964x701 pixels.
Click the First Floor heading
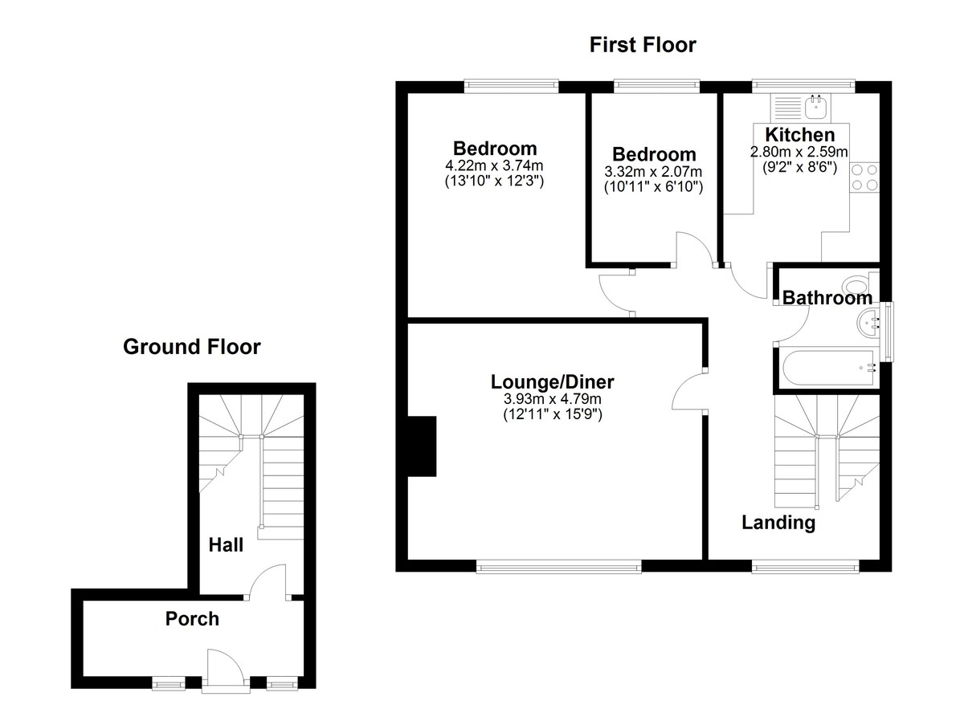[643, 45]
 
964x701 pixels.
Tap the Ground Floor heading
[191, 347]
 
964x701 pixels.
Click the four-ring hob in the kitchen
[864, 177]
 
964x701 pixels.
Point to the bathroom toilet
[859, 285]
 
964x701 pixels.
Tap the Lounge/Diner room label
[553, 381]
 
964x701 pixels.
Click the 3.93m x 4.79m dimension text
[553, 399]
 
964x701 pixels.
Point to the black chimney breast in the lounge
[421, 446]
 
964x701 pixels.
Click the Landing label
[778, 523]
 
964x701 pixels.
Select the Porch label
[192, 618]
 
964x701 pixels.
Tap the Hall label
[226, 544]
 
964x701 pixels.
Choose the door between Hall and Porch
[268, 582]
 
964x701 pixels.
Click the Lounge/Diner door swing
[689, 391]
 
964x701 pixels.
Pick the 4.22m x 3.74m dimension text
[495, 166]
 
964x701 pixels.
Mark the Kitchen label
[799, 134]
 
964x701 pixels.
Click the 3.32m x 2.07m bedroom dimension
[653, 172]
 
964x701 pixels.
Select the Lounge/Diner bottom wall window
[559, 567]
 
